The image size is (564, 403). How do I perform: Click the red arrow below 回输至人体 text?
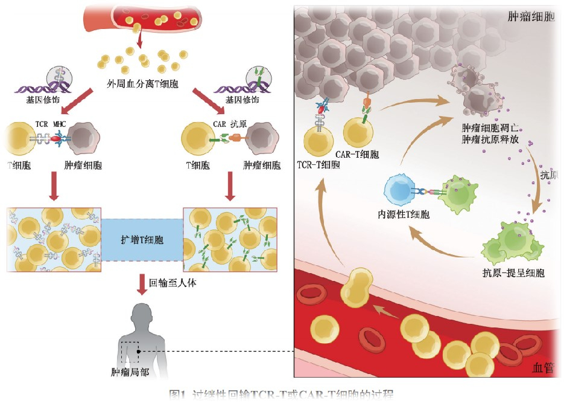pyautogui.click(x=142, y=283)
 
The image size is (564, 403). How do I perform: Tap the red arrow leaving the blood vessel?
pyautogui.click(x=139, y=40)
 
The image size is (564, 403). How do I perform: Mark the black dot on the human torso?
pyautogui.click(x=138, y=350)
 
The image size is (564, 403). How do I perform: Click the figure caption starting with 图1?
pyautogui.click(x=281, y=396)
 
